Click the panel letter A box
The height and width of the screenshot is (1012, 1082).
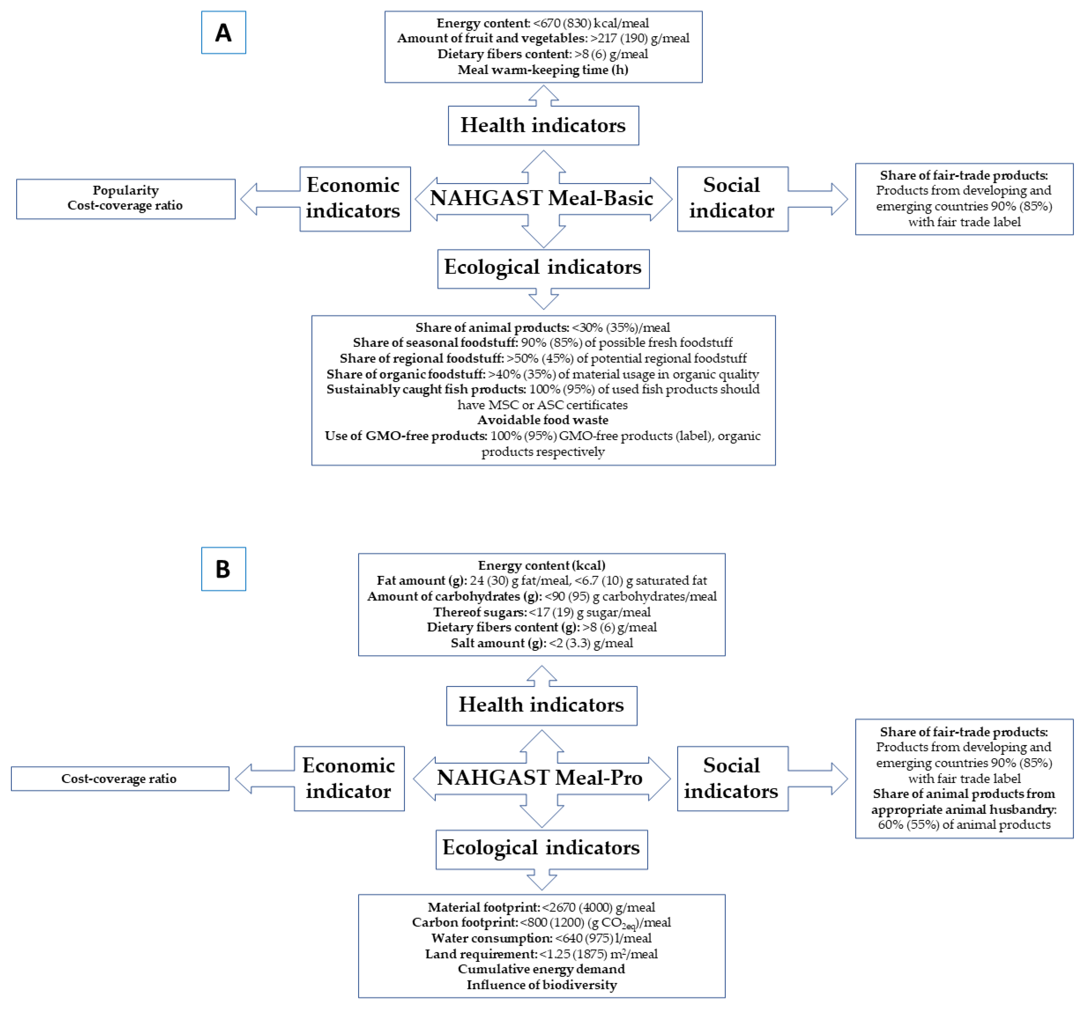223,33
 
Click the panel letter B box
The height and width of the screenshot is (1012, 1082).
223,569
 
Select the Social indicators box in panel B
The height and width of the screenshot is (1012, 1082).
732,778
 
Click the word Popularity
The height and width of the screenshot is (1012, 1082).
126,190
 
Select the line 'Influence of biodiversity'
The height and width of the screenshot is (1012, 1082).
542,985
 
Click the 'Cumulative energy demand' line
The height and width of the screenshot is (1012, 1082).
542,969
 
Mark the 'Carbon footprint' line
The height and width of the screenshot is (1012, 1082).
542,923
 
